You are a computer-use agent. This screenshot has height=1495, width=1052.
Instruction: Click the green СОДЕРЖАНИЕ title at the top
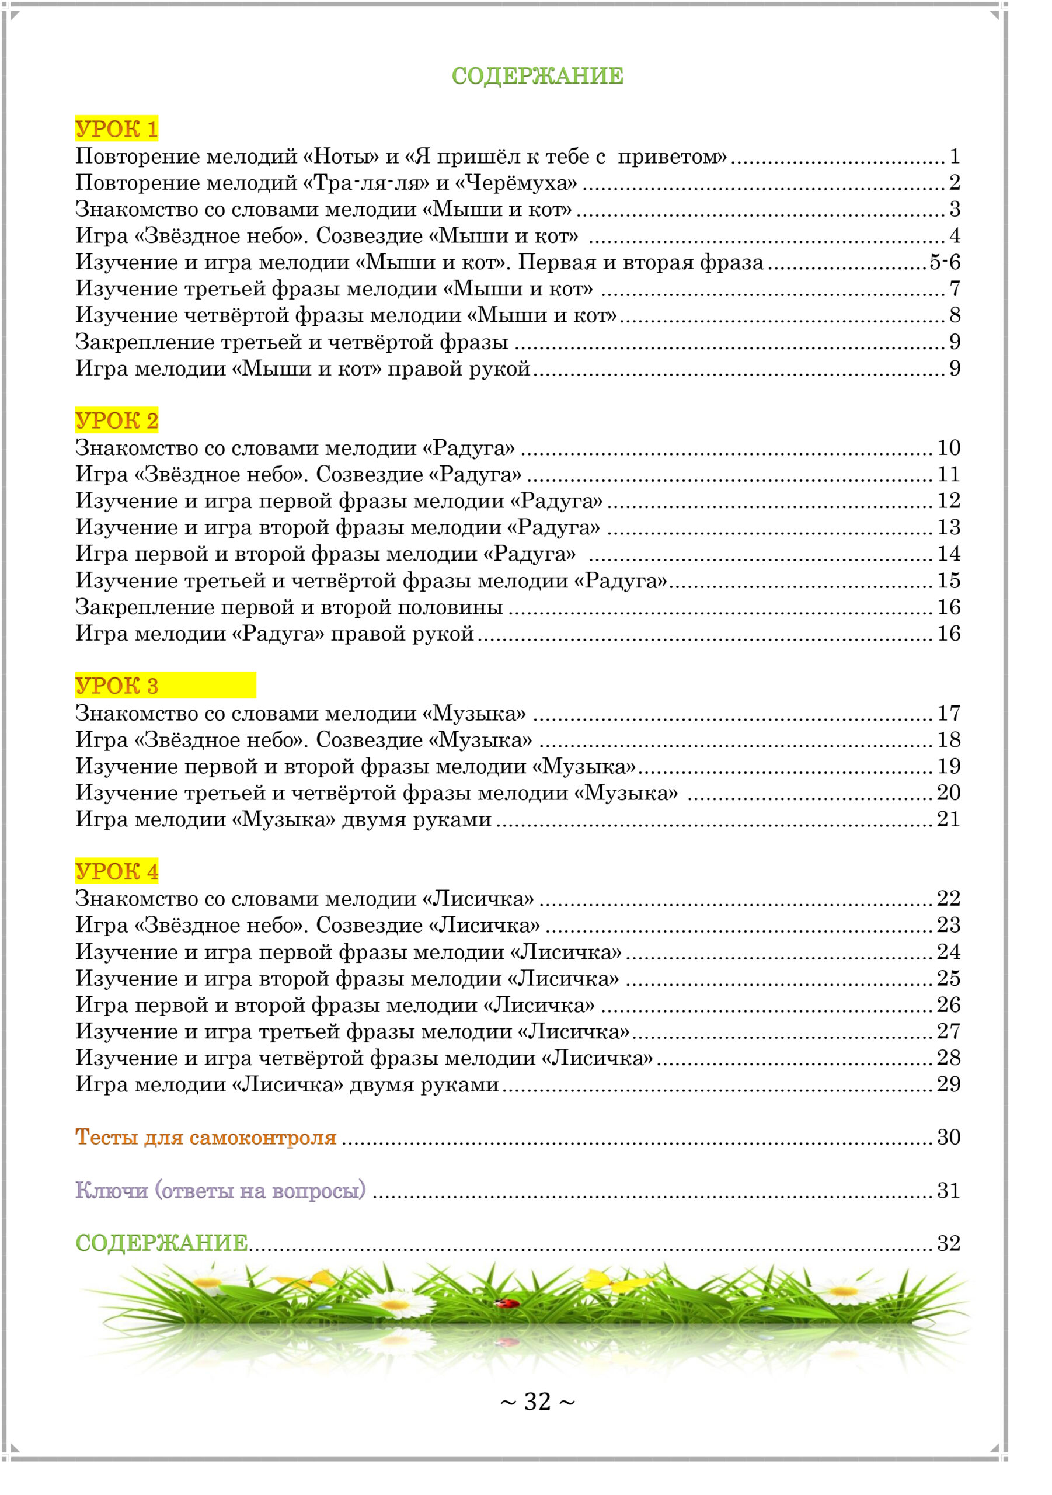[x=537, y=76]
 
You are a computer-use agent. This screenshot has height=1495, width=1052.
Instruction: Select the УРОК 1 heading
[x=117, y=129]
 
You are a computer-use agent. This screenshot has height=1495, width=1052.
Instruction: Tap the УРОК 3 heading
[x=117, y=686]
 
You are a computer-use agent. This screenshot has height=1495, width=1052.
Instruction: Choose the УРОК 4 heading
[x=117, y=871]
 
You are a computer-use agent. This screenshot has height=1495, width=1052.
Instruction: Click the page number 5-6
[x=944, y=262]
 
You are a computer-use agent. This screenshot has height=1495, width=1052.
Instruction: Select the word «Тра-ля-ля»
[x=367, y=183]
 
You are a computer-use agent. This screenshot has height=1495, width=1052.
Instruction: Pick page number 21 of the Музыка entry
[x=949, y=819]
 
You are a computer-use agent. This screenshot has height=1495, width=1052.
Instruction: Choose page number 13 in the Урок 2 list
[x=949, y=527]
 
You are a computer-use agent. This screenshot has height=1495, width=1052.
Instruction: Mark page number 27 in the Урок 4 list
[x=949, y=1031]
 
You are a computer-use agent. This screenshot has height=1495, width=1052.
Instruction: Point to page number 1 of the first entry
[x=955, y=157]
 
